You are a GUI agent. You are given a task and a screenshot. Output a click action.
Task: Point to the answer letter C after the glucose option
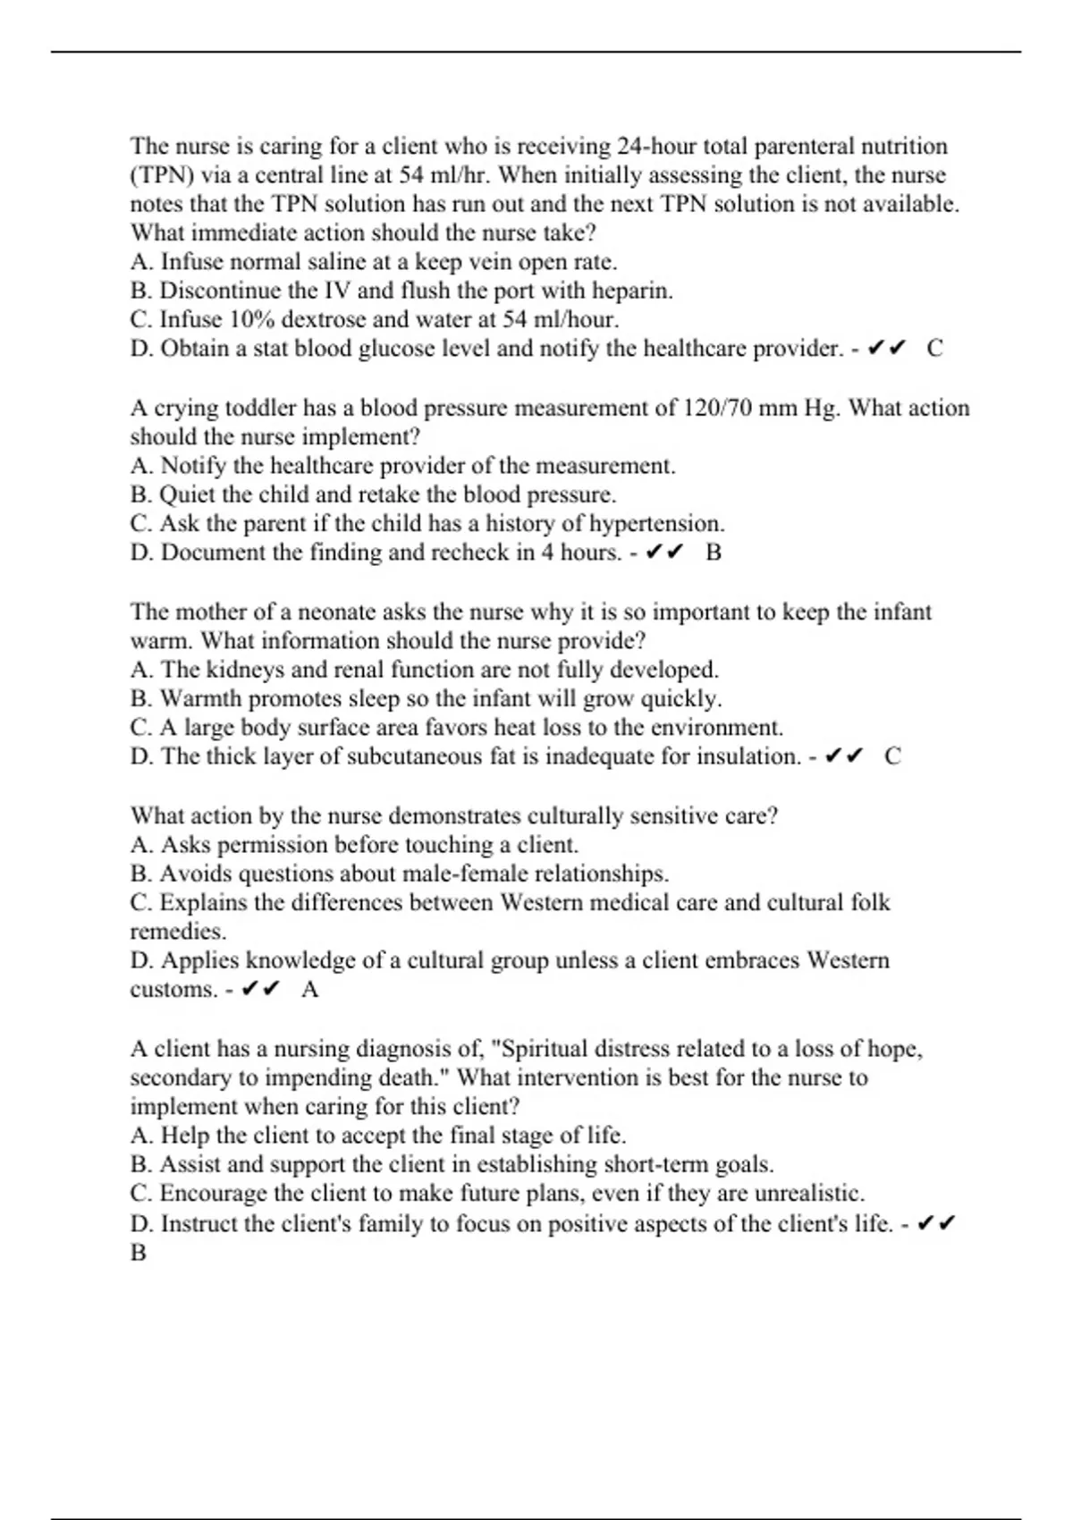[934, 349]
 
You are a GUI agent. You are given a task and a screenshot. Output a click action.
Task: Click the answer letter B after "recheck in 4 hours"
[714, 553]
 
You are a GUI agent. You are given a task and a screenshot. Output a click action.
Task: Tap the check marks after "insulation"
[843, 756]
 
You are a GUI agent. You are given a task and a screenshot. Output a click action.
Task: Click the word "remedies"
[178, 932]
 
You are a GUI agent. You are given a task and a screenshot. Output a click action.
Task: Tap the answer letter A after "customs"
[310, 990]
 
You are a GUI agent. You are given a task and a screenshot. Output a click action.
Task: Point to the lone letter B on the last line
[138, 1253]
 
